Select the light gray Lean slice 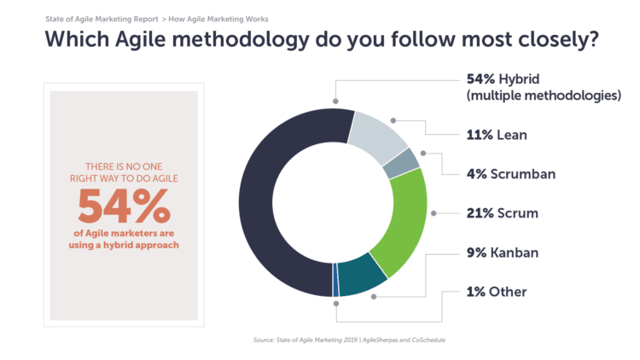click(378, 136)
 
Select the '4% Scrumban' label click(511, 174)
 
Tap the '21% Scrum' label click(502, 213)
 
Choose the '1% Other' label click(497, 292)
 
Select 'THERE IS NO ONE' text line click(124, 165)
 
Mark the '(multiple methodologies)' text click(544, 96)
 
